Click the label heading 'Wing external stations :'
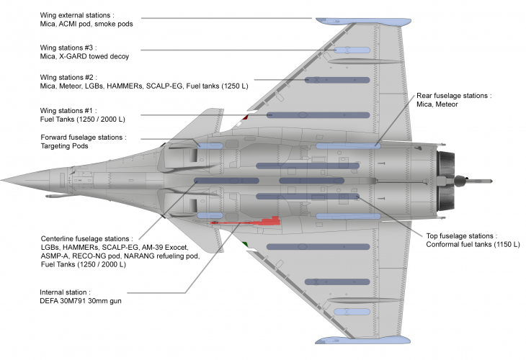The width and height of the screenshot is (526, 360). click(x=78, y=14)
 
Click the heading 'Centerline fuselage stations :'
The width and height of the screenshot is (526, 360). click(x=86, y=238)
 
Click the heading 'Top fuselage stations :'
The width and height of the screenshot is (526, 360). click(x=456, y=235)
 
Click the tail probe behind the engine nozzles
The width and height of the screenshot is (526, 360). click(x=479, y=179)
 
